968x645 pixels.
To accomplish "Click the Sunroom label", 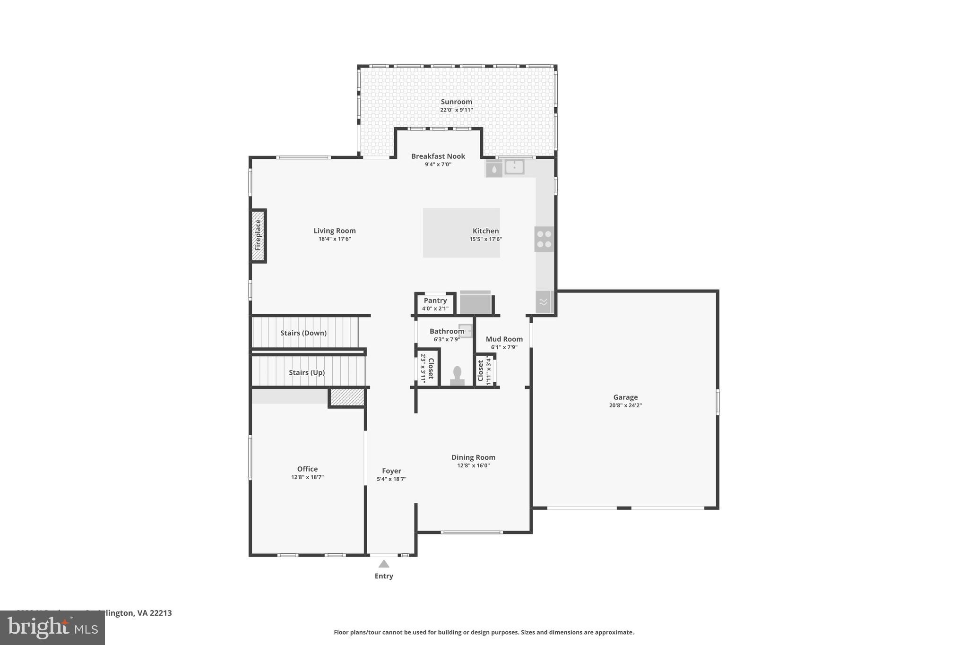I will click(x=456, y=102).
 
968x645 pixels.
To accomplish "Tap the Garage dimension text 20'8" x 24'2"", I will click(x=625, y=405).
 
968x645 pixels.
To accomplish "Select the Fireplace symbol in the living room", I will click(x=258, y=235).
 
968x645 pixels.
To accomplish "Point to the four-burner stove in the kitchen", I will click(x=544, y=239).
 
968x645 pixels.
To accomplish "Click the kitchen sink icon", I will click(x=514, y=167).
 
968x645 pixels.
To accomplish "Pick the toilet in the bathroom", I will click(x=457, y=375).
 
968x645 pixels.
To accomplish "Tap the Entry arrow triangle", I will click(x=384, y=564).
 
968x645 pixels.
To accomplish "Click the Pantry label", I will click(x=435, y=301).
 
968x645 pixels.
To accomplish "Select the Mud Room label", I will click(x=504, y=339).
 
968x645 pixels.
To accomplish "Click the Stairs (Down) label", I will click(x=303, y=333).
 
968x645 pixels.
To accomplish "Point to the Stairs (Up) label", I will click(x=307, y=372).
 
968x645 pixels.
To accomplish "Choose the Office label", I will click(x=307, y=469).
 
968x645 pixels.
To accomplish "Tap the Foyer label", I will click(x=391, y=471).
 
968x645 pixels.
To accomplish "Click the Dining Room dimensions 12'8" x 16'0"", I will click(x=473, y=465).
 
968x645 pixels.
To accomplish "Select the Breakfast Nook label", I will click(x=438, y=156).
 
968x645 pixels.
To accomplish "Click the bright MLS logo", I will click(x=52, y=628).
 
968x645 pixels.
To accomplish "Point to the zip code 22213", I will click(x=160, y=613).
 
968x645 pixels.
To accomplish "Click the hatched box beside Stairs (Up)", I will click(x=347, y=397).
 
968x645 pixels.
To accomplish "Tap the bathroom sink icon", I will click(x=466, y=330).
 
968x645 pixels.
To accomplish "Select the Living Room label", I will click(x=335, y=231).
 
